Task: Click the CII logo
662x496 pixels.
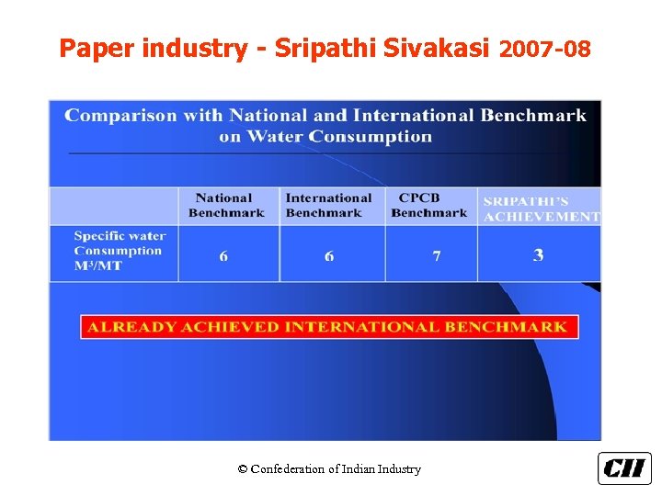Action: pos(624,468)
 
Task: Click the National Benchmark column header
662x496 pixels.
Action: pos(223,205)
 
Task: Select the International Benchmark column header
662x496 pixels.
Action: pos(328,205)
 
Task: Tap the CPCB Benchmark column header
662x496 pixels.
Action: pos(428,205)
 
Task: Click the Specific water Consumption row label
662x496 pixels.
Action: pos(120,251)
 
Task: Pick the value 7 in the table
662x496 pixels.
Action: pos(437,255)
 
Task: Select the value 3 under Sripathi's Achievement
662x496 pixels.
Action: pos(538,254)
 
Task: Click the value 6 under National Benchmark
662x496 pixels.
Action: pos(223,255)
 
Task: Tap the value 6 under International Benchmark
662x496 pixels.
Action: pos(329,255)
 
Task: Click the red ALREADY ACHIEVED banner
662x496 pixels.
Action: pos(328,327)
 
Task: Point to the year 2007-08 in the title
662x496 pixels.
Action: pos(544,49)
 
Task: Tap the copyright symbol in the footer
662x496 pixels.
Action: pos(243,469)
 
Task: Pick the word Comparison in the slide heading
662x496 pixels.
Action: pos(120,116)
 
